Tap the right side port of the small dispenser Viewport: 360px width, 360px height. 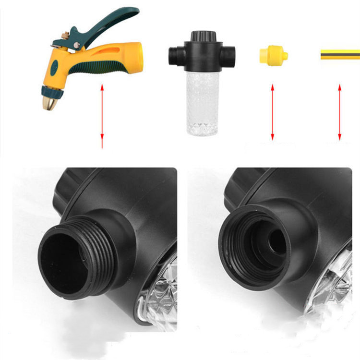pyautogui.click(x=230, y=53)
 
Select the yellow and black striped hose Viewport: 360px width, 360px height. pyautogui.click(x=341, y=54)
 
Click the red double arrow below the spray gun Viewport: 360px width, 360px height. pyautogui.click(x=102, y=115)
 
